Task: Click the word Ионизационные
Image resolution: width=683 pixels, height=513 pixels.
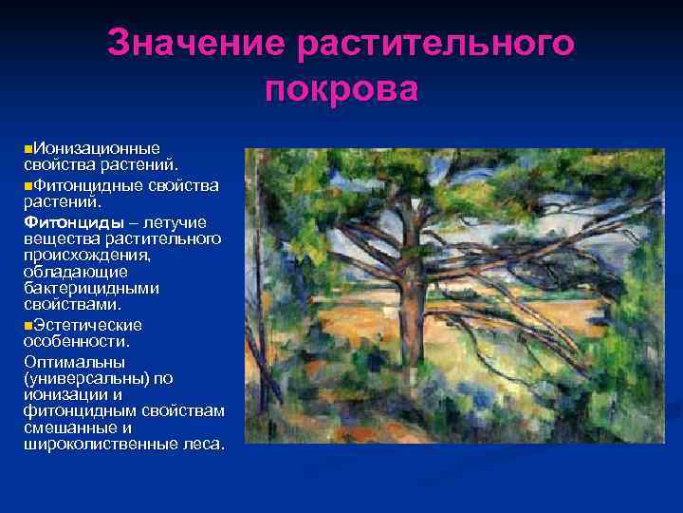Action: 95,148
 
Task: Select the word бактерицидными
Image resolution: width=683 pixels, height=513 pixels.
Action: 91,288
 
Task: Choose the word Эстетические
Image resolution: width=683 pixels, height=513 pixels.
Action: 86,324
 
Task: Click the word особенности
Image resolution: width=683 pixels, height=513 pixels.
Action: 75,340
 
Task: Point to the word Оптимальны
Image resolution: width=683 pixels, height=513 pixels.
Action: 73,362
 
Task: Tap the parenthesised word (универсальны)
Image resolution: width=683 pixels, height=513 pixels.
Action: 85,378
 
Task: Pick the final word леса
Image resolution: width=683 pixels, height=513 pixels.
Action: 207,444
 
